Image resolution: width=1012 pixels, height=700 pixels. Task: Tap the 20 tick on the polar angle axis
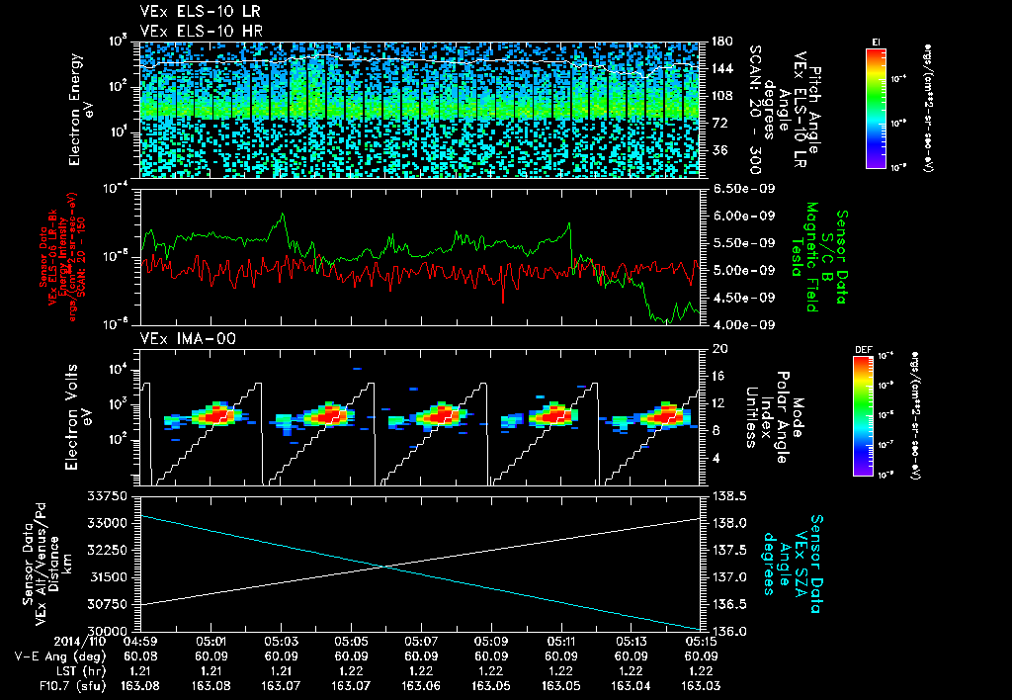point(717,349)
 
